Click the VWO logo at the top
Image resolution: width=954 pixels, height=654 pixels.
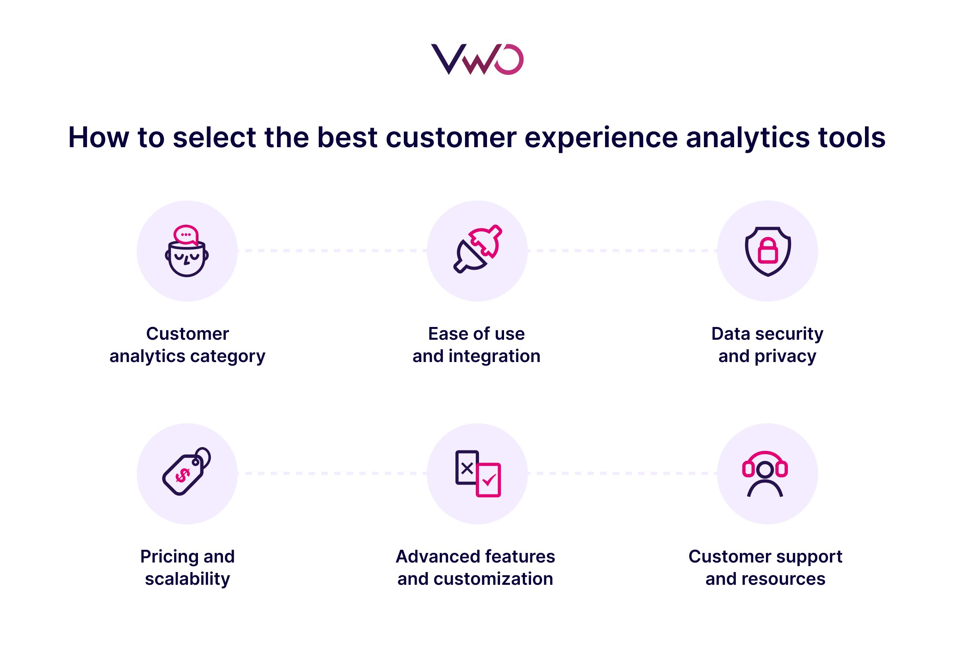click(477, 59)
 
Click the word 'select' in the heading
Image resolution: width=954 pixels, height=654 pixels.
click(214, 137)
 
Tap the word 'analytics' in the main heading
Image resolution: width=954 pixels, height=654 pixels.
click(748, 137)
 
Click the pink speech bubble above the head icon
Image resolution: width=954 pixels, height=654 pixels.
click(186, 235)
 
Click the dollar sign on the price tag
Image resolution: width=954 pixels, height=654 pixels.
click(182, 475)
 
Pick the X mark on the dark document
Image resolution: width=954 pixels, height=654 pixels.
click(467, 468)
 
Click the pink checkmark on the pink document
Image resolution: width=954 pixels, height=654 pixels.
click(489, 479)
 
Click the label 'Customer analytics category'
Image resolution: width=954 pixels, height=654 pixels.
click(187, 345)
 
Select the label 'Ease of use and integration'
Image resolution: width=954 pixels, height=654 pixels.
click(476, 345)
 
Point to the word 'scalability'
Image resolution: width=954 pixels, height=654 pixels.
click(187, 579)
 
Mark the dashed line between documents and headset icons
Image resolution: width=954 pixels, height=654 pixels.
click(622, 473)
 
